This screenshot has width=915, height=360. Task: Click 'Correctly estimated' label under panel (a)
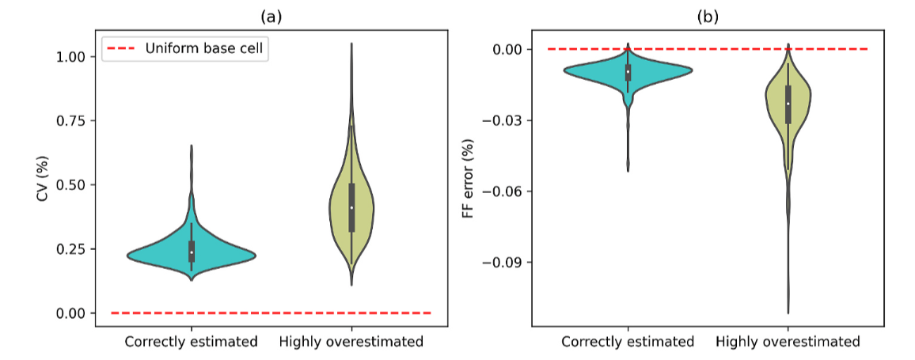point(191,342)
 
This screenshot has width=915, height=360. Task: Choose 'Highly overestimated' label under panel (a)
point(351,342)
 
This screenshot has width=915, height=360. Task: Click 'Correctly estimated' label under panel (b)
point(628,342)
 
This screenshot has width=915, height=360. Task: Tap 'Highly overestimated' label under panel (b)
point(788,342)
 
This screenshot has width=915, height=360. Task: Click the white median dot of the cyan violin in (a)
point(192,252)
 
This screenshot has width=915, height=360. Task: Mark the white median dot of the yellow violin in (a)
point(351,207)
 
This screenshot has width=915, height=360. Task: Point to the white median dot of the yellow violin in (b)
point(788,104)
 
